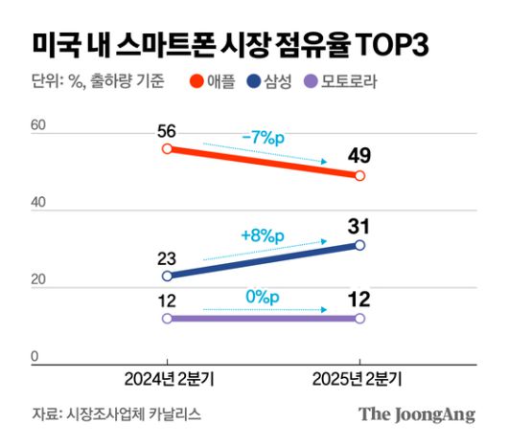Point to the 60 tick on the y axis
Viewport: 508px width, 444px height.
(x=38, y=125)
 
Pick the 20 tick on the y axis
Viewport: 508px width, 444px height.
(x=38, y=280)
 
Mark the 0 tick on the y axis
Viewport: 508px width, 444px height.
(x=34, y=357)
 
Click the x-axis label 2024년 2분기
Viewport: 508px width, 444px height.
(x=169, y=380)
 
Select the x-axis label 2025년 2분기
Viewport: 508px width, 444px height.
(x=359, y=380)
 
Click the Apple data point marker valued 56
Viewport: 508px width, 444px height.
(x=168, y=149)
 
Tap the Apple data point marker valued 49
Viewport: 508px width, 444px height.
(x=359, y=176)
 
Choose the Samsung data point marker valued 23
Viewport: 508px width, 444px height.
(x=168, y=276)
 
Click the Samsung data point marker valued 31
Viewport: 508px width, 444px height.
(x=359, y=245)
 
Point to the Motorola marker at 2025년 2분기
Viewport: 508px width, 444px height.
(x=359, y=318)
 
